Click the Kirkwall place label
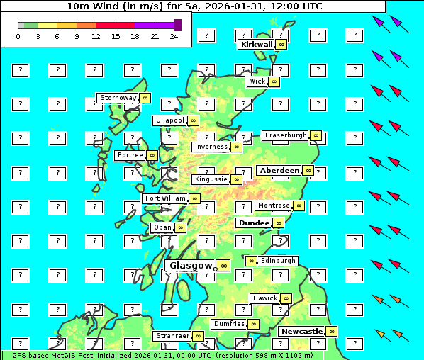click(256, 44)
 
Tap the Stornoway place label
click(118, 97)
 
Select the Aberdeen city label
click(279, 171)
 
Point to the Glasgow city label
click(190, 265)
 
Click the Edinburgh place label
click(278, 261)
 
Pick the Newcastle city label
click(302, 331)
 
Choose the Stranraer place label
click(172, 335)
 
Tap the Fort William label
click(165, 198)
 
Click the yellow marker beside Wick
click(274, 81)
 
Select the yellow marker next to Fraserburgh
click(316, 135)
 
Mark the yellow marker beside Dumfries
click(253, 324)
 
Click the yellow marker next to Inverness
click(235, 147)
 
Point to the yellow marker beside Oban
click(181, 227)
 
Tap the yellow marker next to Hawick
click(286, 298)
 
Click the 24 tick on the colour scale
click(174, 36)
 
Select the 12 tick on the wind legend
click(96, 36)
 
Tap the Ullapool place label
click(170, 120)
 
